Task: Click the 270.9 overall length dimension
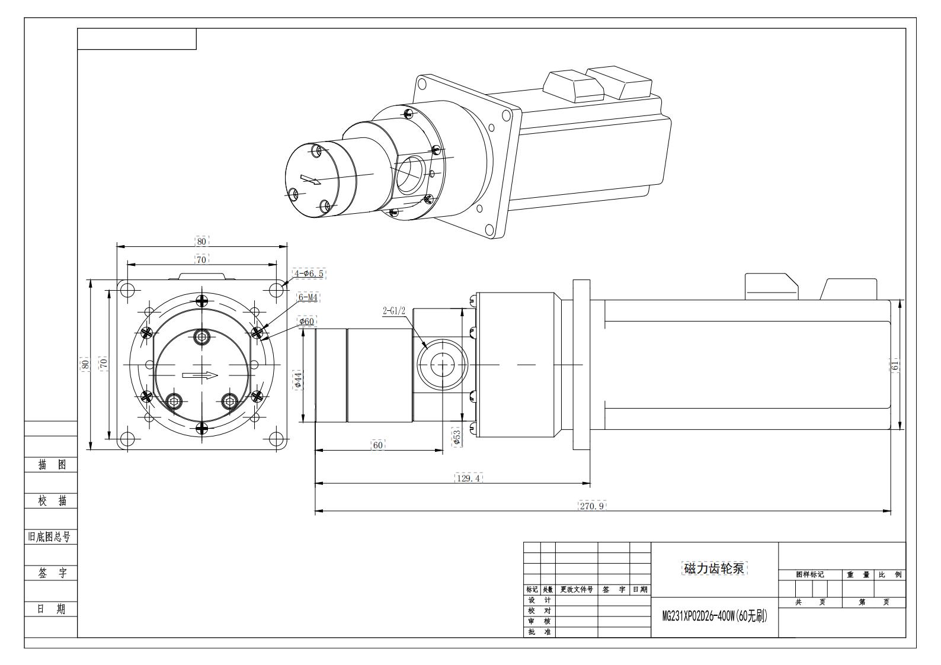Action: [x=592, y=506]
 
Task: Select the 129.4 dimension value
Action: [x=468, y=478]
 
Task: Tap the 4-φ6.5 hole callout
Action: [x=309, y=274]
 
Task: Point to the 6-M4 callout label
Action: [x=308, y=297]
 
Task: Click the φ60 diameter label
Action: [x=307, y=322]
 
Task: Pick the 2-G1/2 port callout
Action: [x=393, y=310]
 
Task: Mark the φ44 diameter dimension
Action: [x=298, y=379]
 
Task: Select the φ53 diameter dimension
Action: [x=456, y=437]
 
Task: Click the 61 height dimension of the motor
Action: [x=895, y=365]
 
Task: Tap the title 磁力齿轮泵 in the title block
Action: [x=715, y=568]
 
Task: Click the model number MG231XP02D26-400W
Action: [x=715, y=616]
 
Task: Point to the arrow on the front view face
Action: [x=200, y=375]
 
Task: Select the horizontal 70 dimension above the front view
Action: [x=201, y=259]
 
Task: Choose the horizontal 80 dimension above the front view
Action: [x=202, y=241]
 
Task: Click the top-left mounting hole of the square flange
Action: [x=127, y=290]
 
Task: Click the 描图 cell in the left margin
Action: [x=52, y=465]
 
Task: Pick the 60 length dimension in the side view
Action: [x=377, y=445]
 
